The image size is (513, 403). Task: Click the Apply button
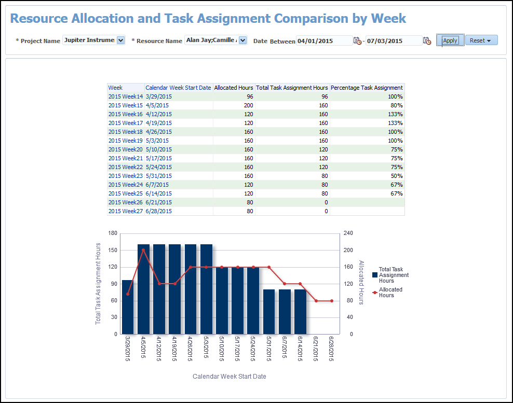(450, 40)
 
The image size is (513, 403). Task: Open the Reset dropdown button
(481, 40)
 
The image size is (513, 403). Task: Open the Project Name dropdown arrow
(121, 40)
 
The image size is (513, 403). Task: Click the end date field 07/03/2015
(393, 41)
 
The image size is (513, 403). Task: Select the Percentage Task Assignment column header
(367, 88)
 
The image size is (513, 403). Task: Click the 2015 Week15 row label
(125, 105)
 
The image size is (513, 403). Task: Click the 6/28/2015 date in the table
(158, 211)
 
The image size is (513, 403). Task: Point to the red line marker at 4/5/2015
(143, 250)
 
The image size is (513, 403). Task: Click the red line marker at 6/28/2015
(332, 301)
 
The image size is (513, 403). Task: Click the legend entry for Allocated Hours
(390, 293)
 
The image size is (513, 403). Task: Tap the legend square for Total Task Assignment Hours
(374, 275)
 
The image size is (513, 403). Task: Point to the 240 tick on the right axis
(348, 233)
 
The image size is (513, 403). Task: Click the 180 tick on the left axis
(113, 233)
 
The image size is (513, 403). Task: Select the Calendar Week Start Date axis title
(229, 376)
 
